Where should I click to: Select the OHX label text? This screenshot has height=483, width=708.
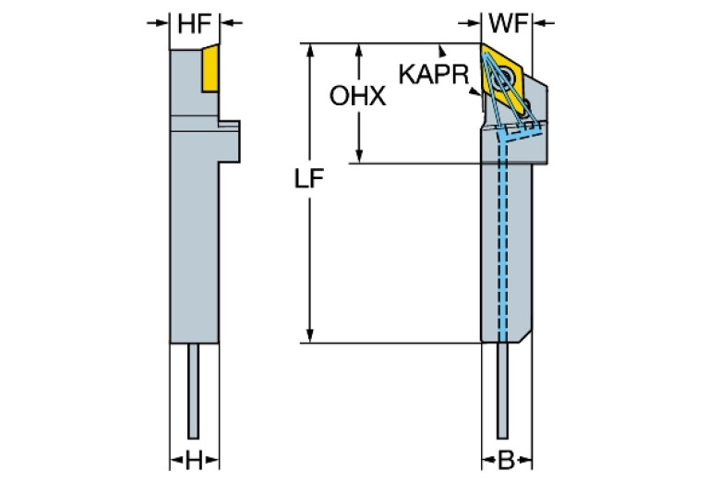pyautogui.click(x=357, y=96)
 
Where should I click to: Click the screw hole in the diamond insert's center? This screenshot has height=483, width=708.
pyautogui.click(x=506, y=78)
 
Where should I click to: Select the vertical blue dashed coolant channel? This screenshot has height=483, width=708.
pyautogui.click(x=503, y=240)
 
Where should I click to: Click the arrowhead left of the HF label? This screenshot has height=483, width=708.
pyautogui.click(x=163, y=24)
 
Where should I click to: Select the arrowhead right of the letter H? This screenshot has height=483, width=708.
pyautogui.click(x=211, y=459)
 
